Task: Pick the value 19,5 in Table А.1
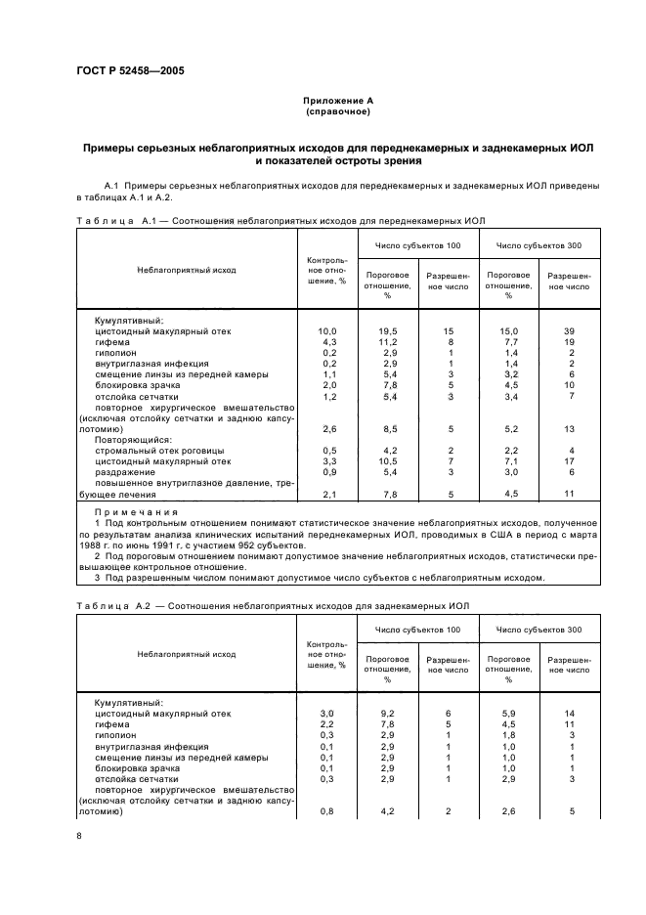point(387,331)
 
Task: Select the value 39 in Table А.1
point(569,331)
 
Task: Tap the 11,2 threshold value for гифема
point(387,342)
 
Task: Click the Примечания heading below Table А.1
point(136,511)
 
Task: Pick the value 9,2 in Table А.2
point(387,715)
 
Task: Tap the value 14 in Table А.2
point(569,715)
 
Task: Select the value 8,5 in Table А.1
point(387,429)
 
